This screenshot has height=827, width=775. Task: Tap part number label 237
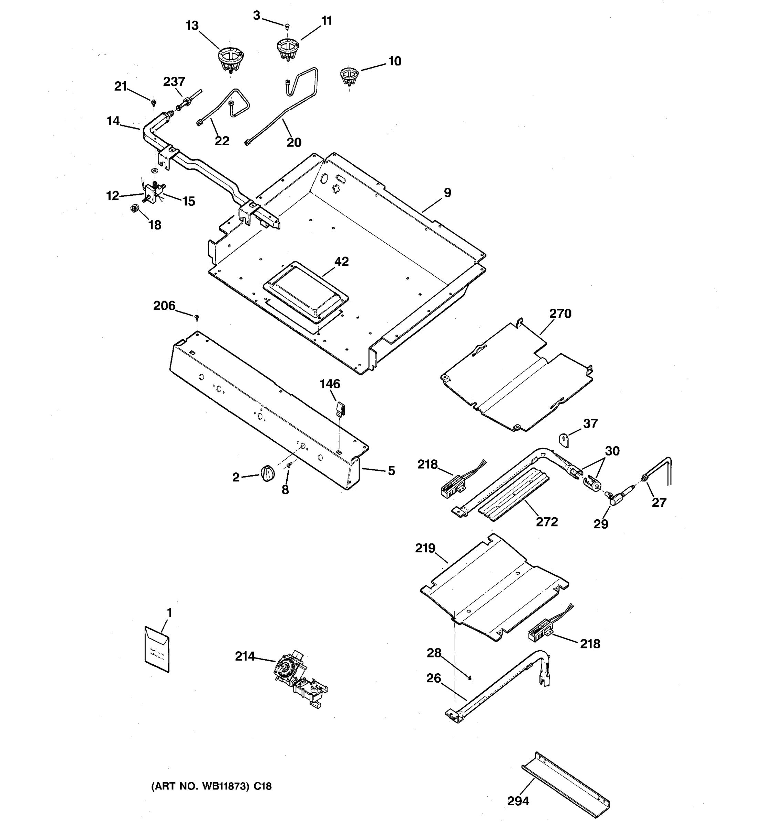174,82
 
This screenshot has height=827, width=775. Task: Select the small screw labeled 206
197,318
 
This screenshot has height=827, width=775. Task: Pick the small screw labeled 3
287,27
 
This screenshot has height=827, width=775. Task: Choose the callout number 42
341,262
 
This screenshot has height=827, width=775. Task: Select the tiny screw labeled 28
469,678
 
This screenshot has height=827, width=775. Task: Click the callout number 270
560,314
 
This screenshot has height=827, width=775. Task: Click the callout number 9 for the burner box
447,193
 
